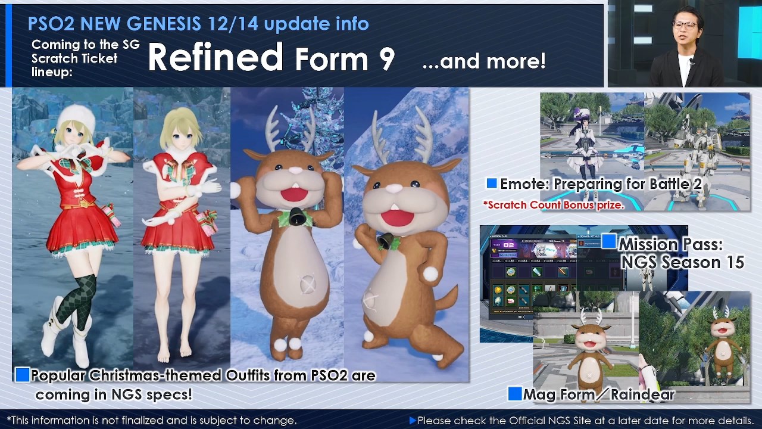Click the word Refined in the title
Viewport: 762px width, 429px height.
click(215, 58)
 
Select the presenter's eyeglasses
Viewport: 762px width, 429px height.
click(685, 26)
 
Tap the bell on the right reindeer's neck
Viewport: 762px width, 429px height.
click(385, 241)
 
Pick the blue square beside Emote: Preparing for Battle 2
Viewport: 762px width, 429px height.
click(492, 184)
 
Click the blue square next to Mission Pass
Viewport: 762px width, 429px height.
click(608, 241)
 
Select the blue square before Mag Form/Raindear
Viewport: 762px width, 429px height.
click(515, 393)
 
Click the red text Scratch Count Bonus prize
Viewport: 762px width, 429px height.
click(554, 205)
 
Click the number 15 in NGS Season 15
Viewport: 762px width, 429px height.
click(733, 262)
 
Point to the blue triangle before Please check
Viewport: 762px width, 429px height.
click(413, 421)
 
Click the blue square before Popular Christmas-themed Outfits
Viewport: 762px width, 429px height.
click(22, 375)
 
